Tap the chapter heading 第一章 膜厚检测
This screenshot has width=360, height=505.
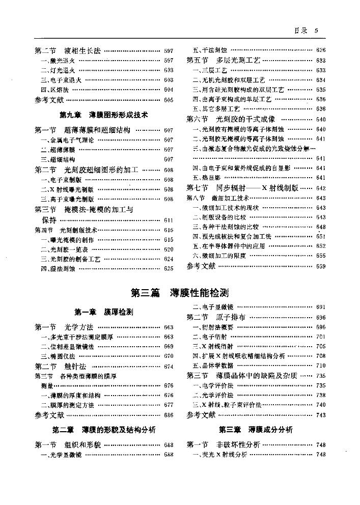click(104, 311)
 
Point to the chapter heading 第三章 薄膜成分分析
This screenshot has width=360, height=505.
click(256, 430)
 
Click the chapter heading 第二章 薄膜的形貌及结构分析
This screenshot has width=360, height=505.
click(104, 430)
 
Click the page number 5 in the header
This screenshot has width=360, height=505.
click(316, 31)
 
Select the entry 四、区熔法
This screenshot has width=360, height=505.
click(51, 90)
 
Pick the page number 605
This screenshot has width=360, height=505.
click(169, 100)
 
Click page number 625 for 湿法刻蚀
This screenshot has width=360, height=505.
click(169, 268)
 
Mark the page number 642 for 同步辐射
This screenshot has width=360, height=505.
click(320, 188)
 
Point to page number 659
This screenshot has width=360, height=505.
click(320, 266)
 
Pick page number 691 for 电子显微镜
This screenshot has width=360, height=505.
click(320, 307)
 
